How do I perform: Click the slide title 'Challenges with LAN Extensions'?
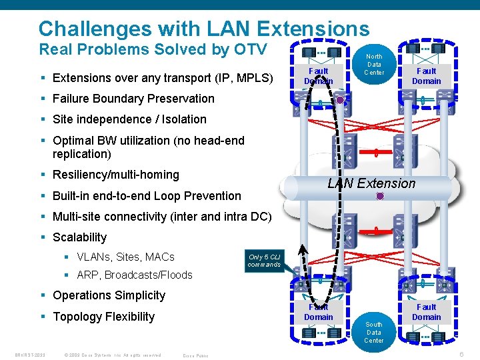[x=203, y=29]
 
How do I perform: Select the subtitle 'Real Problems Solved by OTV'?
[x=153, y=49]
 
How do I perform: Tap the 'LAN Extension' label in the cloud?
[x=371, y=183]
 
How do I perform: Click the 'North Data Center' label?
[x=374, y=65]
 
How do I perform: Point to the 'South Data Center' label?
[x=373, y=332]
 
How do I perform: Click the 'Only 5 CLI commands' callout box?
[x=264, y=261]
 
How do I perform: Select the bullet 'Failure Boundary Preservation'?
[x=133, y=99]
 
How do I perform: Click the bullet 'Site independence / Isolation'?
[x=129, y=119]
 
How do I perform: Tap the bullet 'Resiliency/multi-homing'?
[x=116, y=175]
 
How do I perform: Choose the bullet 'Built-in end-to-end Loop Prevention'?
[x=147, y=196]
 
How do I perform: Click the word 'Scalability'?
[x=79, y=237]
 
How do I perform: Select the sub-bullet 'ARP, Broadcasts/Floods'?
[x=134, y=275]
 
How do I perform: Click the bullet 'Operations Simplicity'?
[x=109, y=295]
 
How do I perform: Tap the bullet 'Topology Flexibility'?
[x=103, y=317]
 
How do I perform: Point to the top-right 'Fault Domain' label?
[x=426, y=76]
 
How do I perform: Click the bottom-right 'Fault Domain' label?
[x=426, y=312]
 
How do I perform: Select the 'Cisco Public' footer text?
[x=195, y=355]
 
